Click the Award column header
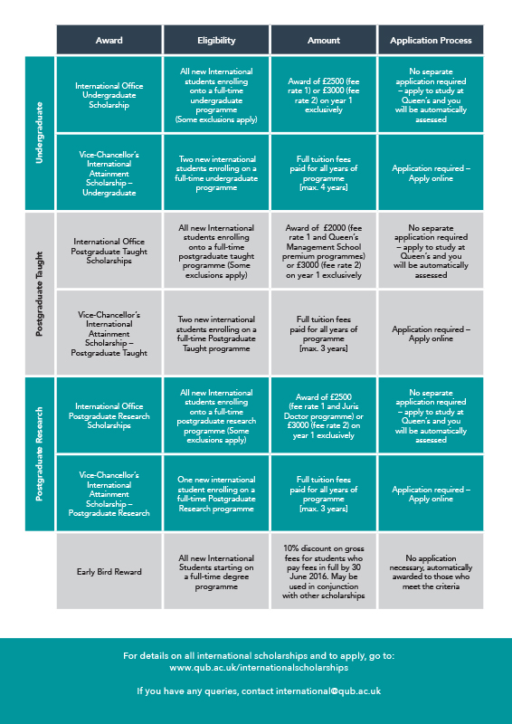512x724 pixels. [109, 40]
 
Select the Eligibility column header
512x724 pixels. [216, 40]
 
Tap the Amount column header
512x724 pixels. [324, 40]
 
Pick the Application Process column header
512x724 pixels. [431, 40]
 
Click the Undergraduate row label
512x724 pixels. [40, 133]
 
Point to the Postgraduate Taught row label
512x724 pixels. [40, 293]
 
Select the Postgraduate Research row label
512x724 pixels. [40, 454]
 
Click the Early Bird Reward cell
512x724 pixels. [109, 571]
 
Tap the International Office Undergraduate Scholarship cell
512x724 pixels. [109, 95]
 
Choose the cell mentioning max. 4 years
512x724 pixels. [324, 172]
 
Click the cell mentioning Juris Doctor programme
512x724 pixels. [324, 415]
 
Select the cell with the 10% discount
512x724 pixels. [324, 571]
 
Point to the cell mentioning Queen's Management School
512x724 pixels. [324, 251]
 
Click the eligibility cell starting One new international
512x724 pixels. [216, 493]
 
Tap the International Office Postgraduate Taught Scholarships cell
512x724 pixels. [109, 251]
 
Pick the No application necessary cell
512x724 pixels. [431, 571]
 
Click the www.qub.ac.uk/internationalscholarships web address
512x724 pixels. [259, 668]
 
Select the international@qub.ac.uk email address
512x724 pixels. [328, 691]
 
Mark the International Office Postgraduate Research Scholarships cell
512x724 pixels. [109, 415]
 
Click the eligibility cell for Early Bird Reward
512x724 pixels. [216, 571]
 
